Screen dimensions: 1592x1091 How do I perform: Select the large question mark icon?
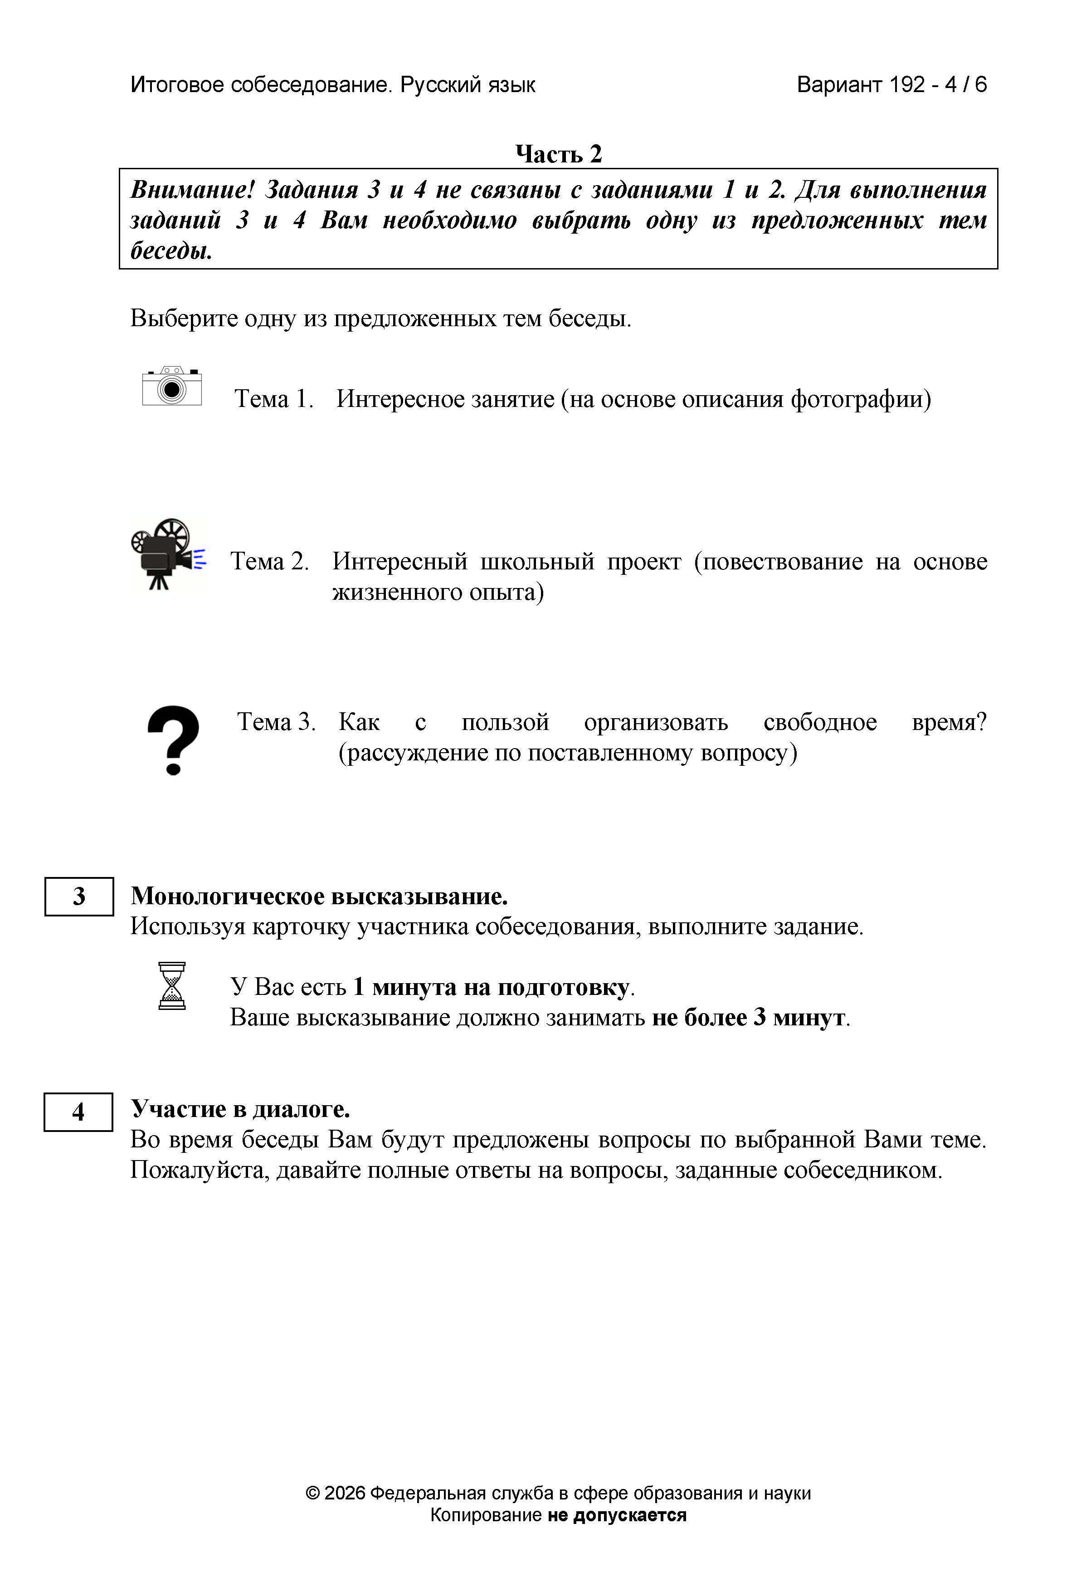tap(173, 740)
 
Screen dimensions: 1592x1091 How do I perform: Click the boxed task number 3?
tap(79, 896)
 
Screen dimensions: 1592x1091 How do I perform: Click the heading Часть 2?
tap(558, 154)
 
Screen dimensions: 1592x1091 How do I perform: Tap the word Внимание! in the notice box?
tap(192, 190)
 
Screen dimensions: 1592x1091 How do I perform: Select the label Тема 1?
tap(274, 399)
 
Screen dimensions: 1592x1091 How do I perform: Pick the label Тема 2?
tap(270, 561)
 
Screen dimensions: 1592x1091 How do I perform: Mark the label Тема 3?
tap(276, 722)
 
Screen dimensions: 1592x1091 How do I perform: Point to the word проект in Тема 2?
tap(644, 561)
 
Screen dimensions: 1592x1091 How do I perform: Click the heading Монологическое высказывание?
tap(319, 896)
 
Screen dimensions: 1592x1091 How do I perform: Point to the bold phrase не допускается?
tap(616, 1515)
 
